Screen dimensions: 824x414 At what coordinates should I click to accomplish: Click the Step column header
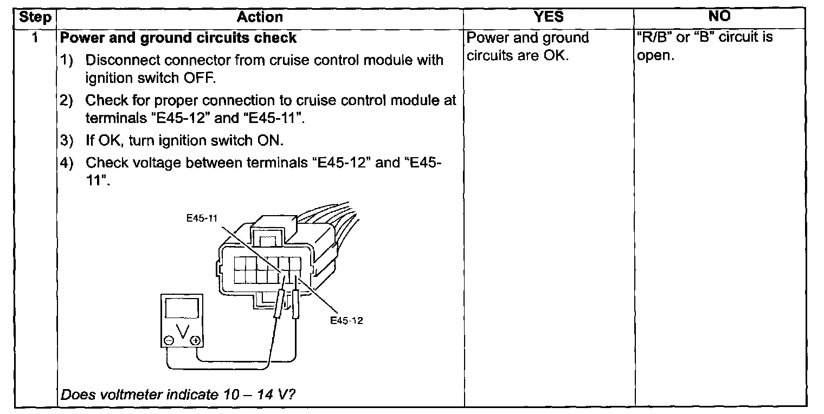point(35,17)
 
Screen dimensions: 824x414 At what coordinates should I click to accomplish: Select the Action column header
point(260,17)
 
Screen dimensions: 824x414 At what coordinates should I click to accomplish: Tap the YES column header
point(549,17)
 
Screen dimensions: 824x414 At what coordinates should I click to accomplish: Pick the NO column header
point(719,17)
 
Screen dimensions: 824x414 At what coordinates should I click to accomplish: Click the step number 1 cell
point(35,38)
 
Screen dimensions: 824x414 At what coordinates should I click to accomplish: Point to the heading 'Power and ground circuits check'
point(179,38)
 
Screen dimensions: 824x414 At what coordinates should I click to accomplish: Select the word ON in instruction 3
point(269,141)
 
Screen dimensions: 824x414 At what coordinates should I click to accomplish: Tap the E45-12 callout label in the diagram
point(346,320)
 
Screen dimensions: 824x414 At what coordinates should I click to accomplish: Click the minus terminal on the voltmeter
point(168,340)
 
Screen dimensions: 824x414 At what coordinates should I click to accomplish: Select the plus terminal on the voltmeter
point(195,340)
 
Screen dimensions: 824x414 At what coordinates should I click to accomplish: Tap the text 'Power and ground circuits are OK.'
point(527,47)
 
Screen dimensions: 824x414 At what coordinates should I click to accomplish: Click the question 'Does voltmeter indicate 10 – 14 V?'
point(177,394)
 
